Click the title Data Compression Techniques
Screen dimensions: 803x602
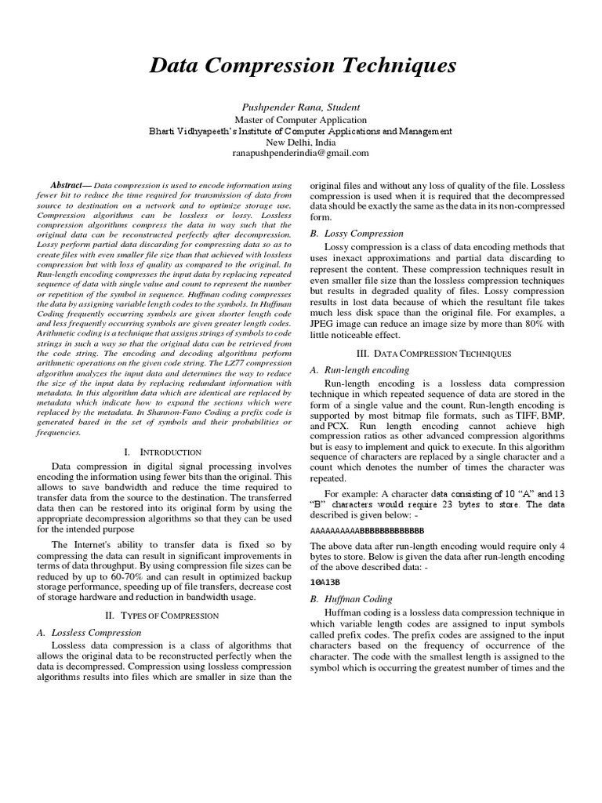point(301,66)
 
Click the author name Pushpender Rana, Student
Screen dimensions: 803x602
point(301,106)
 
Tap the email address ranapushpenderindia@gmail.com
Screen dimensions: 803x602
point(301,153)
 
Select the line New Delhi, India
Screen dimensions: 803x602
point(301,142)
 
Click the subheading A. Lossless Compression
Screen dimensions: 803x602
point(89,631)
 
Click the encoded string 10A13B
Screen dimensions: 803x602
point(325,583)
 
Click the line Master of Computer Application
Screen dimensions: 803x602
point(301,120)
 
